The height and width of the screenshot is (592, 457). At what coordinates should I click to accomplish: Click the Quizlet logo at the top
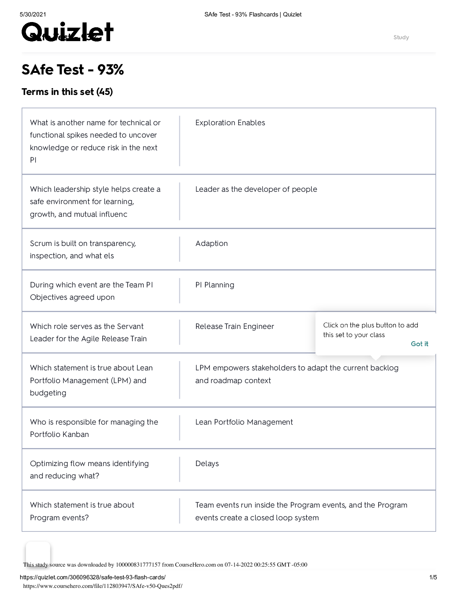[68, 32]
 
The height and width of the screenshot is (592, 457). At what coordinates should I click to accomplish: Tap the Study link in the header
[401, 37]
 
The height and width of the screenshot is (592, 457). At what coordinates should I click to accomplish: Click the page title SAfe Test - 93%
[72, 70]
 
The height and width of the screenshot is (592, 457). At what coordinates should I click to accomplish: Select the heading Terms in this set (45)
[67, 92]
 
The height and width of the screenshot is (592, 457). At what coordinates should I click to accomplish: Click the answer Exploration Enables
[230, 123]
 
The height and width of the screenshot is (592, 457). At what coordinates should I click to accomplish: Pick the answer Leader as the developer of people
[256, 189]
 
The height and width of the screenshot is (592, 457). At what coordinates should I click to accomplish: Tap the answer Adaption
[211, 244]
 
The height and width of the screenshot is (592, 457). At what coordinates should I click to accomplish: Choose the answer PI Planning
[215, 285]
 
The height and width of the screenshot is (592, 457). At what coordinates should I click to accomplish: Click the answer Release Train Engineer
[234, 327]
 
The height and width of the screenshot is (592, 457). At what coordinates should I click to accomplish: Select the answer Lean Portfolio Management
[244, 422]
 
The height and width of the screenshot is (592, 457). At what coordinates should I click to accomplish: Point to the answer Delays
[207, 464]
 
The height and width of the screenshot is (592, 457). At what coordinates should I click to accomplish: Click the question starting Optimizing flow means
[89, 470]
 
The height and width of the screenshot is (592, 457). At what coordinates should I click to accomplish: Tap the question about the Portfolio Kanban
[94, 428]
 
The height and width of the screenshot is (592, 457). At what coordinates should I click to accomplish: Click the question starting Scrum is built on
[83, 250]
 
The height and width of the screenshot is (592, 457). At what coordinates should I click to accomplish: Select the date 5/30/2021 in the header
[33, 15]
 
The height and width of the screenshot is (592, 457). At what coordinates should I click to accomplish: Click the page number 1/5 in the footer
[433, 577]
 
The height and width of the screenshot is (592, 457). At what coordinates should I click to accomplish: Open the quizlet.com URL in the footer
[93, 577]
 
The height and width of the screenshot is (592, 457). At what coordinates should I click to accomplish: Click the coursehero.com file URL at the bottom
[103, 586]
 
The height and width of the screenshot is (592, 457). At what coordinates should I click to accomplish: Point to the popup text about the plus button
[370, 330]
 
